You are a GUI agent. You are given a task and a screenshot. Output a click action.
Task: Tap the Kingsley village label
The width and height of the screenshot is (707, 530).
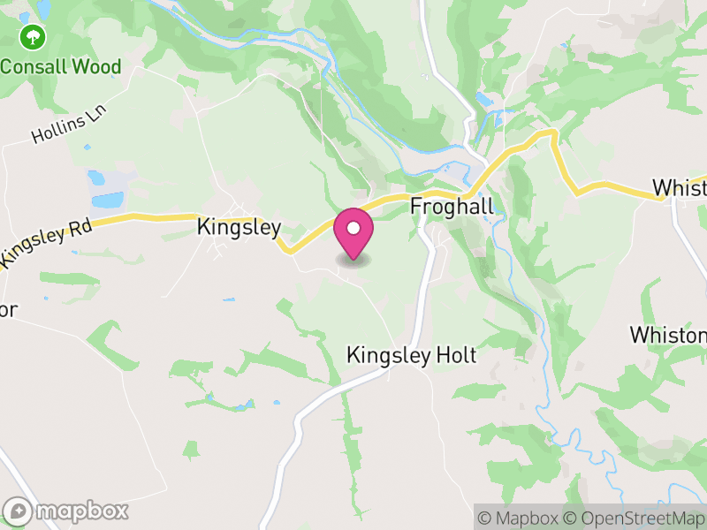tap(239, 227)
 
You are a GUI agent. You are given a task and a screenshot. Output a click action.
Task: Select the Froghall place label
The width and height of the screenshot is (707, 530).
tap(452, 205)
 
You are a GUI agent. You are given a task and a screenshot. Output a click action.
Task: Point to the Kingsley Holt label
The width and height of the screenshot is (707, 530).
tap(411, 356)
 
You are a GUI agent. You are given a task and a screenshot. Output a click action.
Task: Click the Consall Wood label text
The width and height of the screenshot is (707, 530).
tap(60, 66)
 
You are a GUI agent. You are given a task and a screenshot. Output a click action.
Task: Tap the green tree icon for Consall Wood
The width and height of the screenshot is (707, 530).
tap(34, 37)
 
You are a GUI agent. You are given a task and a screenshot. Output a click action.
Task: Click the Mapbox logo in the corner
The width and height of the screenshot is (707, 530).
tap(67, 511)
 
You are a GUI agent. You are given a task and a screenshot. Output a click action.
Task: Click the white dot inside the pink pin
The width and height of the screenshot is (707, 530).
tap(353, 228)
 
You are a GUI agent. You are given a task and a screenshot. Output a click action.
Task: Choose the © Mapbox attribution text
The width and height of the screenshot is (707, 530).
tap(521, 518)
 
